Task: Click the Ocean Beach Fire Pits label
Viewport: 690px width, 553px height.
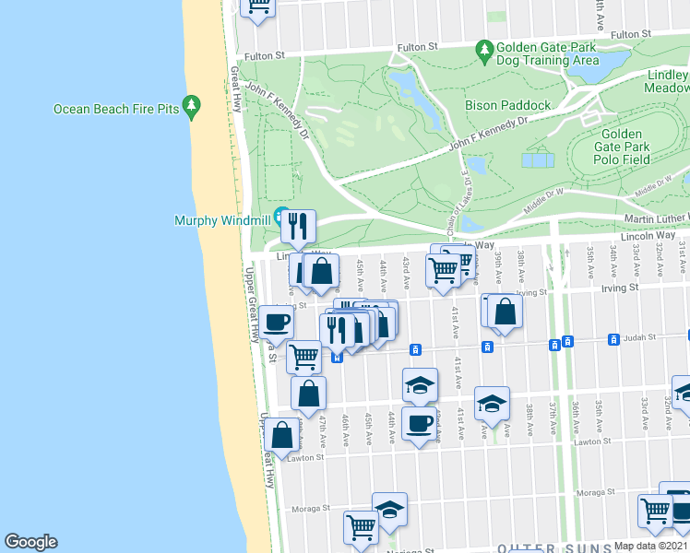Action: tap(115, 109)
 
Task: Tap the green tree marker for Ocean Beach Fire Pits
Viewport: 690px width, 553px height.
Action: tap(192, 107)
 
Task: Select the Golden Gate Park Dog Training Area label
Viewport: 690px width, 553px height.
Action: tap(548, 53)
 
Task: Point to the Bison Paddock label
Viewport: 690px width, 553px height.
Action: tap(507, 105)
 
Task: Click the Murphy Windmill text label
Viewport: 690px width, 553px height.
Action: tap(221, 220)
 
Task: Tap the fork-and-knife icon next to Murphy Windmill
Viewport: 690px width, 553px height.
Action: tap(298, 227)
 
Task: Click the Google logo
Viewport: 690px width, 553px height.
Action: tap(30, 542)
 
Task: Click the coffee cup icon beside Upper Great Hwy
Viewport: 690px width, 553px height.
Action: tap(276, 322)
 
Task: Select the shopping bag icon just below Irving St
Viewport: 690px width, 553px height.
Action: tap(505, 312)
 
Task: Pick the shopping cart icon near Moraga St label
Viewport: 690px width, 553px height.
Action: tap(361, 527)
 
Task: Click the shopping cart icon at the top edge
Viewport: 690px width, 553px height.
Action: tap(259, 5)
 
